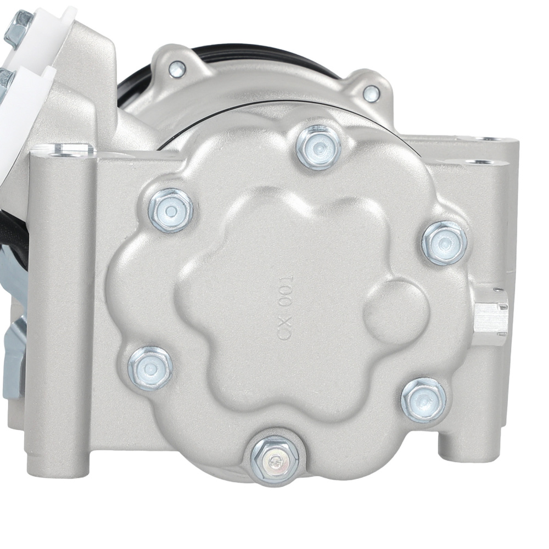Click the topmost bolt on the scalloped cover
pyautogui.click(x=318, y=147)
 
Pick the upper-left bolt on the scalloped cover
pyautogui.click(x=171, y=210)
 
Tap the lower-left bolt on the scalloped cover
pyautogui.click(x=150, y=367)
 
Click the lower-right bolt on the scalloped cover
pyautogui.click(x=423, y=400)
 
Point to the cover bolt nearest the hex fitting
pyautogui.click(x=444, y=243)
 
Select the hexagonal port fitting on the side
pyautogui.click(x=490, y=317)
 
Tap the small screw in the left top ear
pyautogui.click(x=177, y=69)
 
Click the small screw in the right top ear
pyautogui.click(x=372, y=93)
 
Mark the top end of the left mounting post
pyautogui.click(x=61, y=149)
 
